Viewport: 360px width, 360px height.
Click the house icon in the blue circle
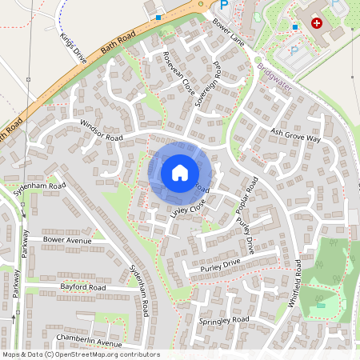[x=180, y=172]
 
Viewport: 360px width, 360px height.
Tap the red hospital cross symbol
[x=317, y=24]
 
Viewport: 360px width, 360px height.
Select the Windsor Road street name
[x=102, y=131]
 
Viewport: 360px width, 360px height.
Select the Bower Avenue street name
[x=67, y=239]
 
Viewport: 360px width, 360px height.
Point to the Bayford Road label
[x=82, y=286]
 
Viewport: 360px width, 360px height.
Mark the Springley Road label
[x=223, y=320]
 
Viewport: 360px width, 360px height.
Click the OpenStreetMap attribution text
[x=81, y=354]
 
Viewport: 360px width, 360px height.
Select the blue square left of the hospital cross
[x=295, y=26]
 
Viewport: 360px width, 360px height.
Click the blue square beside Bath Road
[x=158, y=16]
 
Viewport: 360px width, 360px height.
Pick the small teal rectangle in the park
[x=322, y=305]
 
